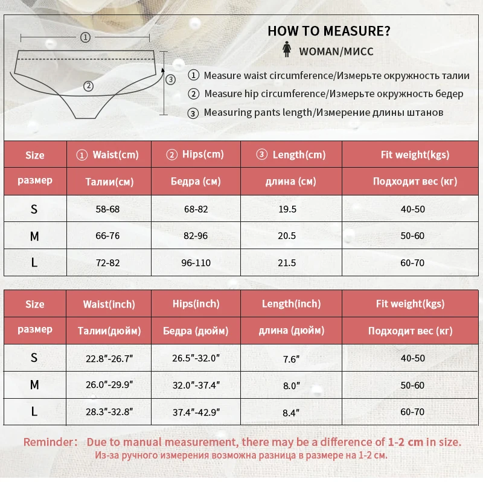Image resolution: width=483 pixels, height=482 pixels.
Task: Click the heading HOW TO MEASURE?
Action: point(329,31)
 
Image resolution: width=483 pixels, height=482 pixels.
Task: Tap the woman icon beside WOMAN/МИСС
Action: point(287,51)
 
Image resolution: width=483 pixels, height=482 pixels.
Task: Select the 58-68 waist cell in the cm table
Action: point(107,209)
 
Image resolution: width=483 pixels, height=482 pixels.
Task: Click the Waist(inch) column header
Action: point(109,304)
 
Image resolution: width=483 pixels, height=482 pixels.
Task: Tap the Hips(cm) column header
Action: point(196,155)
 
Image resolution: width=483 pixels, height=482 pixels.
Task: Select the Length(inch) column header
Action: point(291,304)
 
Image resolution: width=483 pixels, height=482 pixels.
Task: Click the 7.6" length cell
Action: point(291,359)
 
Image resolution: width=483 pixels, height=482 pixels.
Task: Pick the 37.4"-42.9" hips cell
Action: point(196,413)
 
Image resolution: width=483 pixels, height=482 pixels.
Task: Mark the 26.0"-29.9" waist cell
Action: point(109,385)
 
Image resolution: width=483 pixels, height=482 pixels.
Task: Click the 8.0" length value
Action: point(291,385)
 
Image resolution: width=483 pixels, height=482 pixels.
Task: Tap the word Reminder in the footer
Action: point(48,442)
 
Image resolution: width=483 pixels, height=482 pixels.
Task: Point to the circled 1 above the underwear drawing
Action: point(85,37)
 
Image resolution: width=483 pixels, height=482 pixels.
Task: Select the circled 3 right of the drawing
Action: point(170,79)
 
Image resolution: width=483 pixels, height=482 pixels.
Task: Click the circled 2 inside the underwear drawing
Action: point(89,86)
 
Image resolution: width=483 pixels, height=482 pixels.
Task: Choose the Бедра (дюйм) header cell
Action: point(196,331)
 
